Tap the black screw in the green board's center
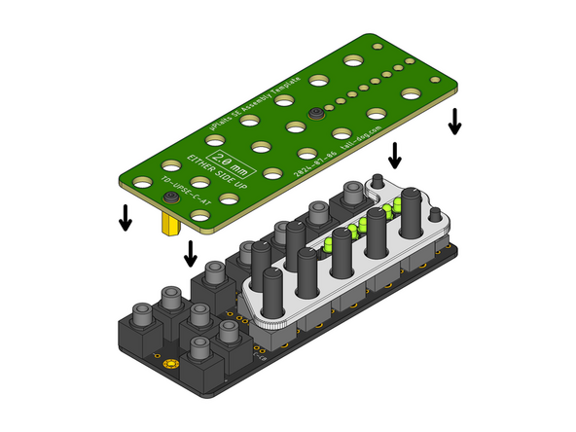click(x=316, y=115)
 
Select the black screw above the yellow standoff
click(x=171, y=198)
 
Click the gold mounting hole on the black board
click(x=173, y=365)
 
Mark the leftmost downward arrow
click(x=126, y=217)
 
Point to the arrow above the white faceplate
click(x=395, y=154)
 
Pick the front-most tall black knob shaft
click(x=273, y=291)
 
